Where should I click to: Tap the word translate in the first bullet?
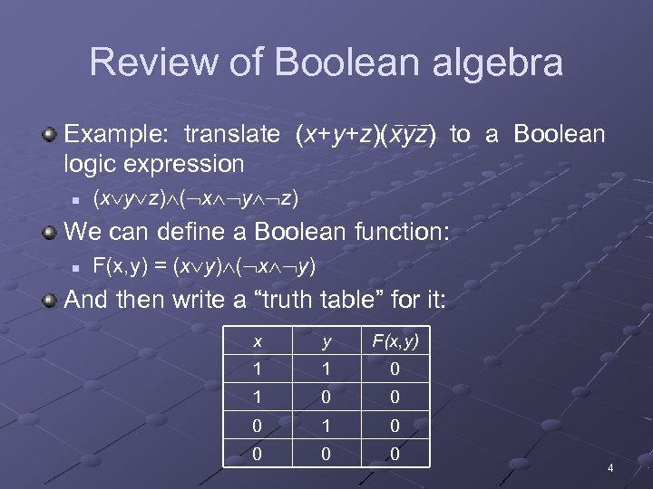(232, 135)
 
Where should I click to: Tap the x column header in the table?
(258, 342)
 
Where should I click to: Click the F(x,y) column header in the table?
(395, 342)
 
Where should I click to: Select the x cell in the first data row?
(258, 369)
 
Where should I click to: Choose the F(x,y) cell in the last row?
(395, 453)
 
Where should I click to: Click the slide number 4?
(610, 468)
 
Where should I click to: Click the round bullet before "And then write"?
(50, 300)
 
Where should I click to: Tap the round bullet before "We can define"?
(50, 232)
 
